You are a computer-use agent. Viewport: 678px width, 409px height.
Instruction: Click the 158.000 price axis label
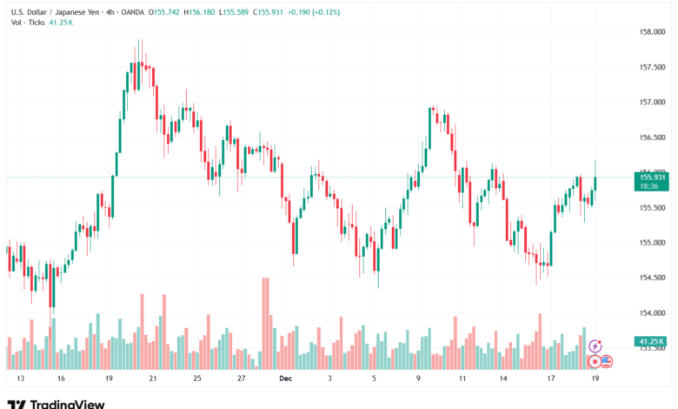click(x=651, y=31)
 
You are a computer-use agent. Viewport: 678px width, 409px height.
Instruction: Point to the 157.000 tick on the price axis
click(x=651, y=102)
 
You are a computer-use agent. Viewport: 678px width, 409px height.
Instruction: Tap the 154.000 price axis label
click(x=651, y=312)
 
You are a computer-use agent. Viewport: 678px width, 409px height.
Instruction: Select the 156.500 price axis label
click(x=651, y=137)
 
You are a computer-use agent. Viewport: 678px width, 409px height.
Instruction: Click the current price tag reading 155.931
click(x=651, y=178)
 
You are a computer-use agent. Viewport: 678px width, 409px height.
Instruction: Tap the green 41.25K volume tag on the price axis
click(x=651, y=341)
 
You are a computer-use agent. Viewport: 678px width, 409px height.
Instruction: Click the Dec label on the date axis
click(x=287, y=379)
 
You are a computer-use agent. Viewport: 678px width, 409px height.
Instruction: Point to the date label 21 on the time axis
click(x=152, y=379)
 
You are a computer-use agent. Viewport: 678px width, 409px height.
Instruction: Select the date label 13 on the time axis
click(x=20, y=379)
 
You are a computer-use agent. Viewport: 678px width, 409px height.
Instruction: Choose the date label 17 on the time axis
click(x=551, y=379)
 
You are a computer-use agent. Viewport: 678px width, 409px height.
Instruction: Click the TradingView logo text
click(x=67, y=404)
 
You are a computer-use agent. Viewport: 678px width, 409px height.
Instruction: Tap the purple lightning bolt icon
click(x=595, y=346)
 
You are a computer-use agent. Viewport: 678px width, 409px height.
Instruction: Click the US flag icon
click(x=607, y=359)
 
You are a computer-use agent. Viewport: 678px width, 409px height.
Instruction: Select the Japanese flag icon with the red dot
click(x=595, y=359)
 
